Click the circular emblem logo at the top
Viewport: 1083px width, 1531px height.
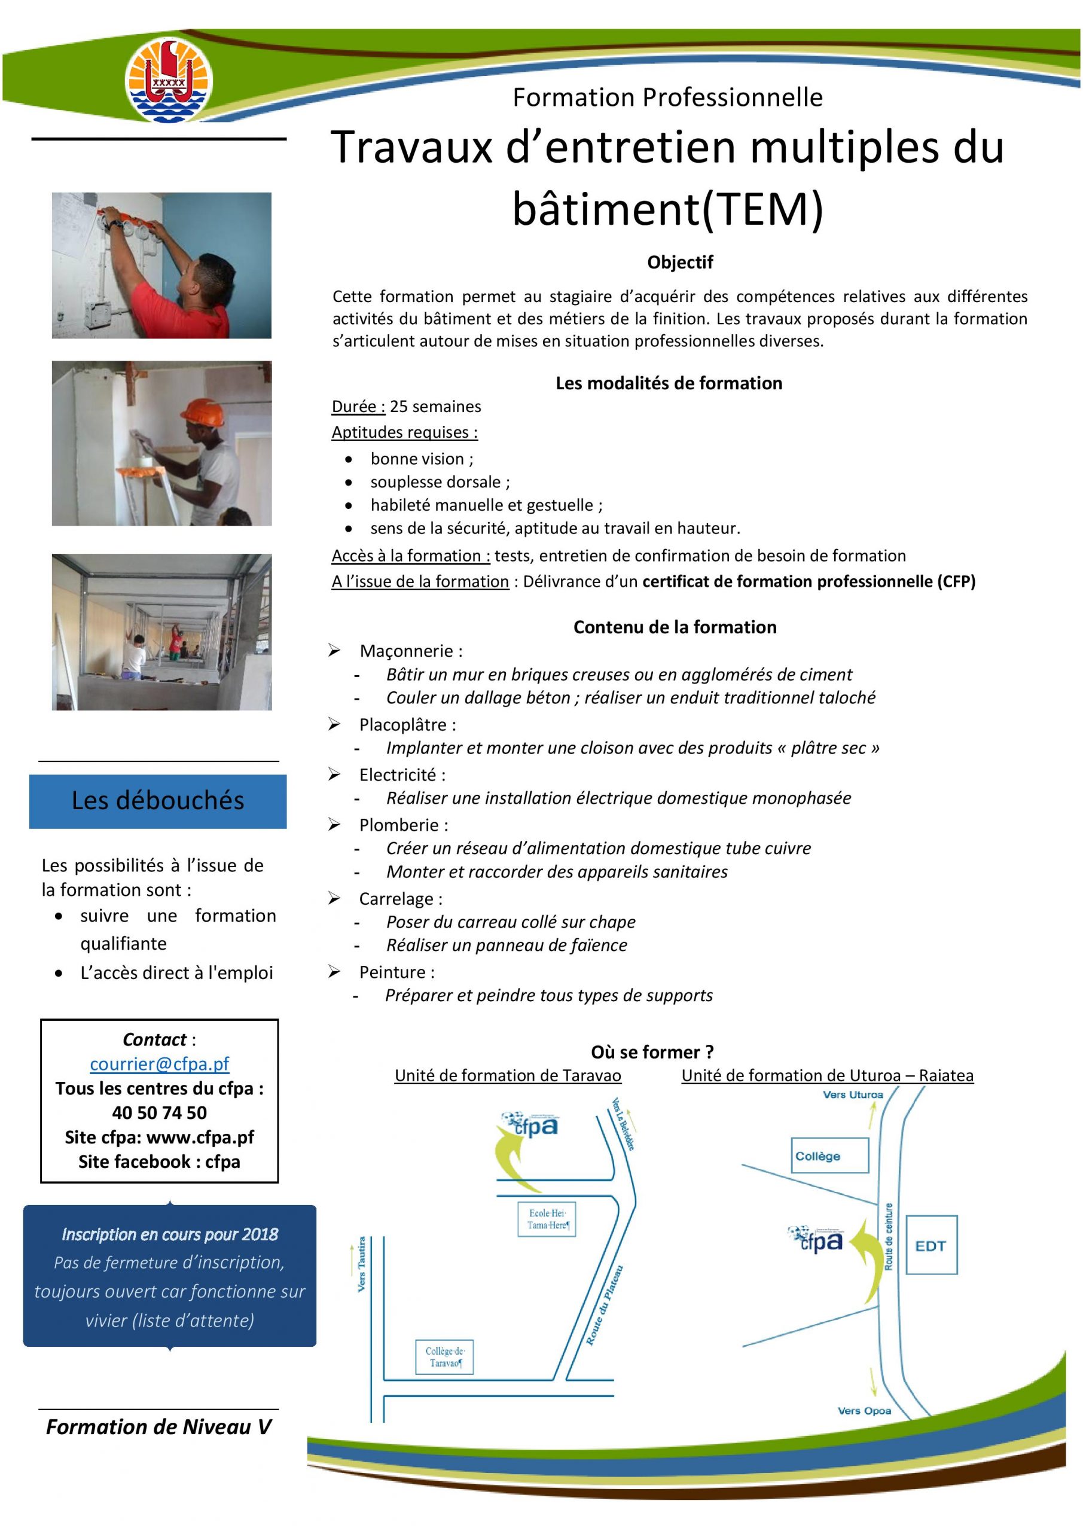point(169,80)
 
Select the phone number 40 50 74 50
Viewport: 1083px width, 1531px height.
point(160,1112)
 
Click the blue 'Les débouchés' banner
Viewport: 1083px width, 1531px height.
point(158,801)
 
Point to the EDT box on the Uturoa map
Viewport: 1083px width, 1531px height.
point(931,1246)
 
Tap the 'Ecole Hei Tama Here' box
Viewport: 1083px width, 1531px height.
point(547,1219)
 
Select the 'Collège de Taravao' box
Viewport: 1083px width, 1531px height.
point(444,1357)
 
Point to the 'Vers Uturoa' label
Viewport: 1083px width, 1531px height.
point(853,1095)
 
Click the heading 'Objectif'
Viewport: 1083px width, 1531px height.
point(679,263)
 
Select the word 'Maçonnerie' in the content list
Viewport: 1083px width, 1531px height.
point(406,651)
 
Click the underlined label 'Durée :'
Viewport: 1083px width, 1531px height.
point(359,407)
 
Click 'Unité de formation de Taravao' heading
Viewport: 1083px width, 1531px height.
point(508,1075)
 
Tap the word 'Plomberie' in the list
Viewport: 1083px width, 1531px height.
point(399,825)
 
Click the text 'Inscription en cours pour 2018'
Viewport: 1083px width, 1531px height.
point(169,1234)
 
